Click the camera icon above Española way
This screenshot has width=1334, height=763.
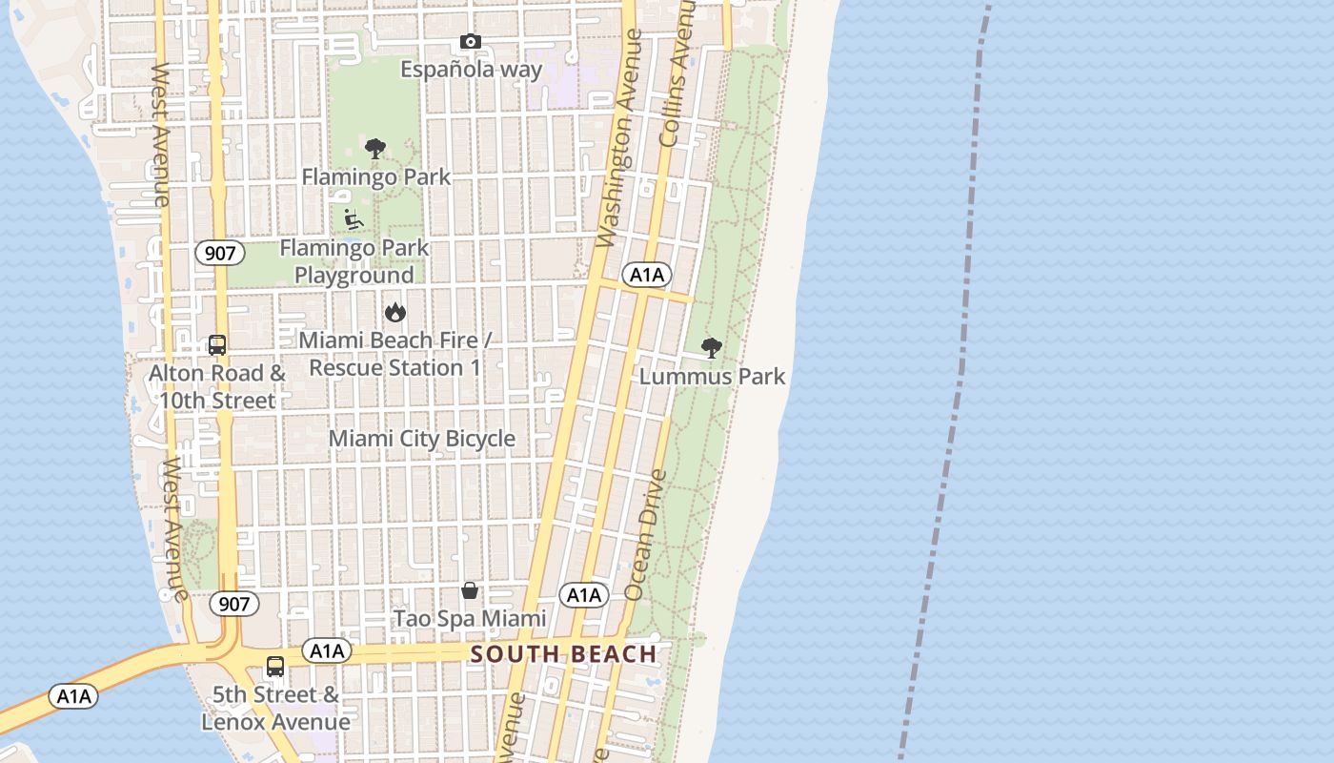click(471, 42)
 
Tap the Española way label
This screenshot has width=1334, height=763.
click(471, 70)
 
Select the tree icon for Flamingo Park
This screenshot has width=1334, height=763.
click(375, 149)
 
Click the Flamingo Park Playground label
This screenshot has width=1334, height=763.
click(354, 261)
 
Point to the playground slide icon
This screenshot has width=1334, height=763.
click(354, 219)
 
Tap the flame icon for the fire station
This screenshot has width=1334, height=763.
click(394, 312)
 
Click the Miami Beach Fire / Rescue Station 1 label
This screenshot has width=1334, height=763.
click(394, 354)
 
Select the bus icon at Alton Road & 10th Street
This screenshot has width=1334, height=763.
click(217, 345)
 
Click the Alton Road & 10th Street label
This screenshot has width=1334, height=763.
click(217, 386)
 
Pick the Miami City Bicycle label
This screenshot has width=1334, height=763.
click(422, 439)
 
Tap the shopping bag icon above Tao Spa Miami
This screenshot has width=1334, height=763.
click(470, 590)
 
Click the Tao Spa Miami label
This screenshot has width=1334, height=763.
click(470, 619)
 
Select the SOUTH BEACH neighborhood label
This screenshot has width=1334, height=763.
click(563, 654)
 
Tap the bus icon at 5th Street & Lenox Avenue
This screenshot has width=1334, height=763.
click(275, 667)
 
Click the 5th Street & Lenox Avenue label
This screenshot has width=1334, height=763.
click(275, 708)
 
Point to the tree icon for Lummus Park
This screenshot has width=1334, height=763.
click(711, 348)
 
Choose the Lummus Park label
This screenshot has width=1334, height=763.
click(712, 377)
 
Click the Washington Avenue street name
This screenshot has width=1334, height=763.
click(620, 138)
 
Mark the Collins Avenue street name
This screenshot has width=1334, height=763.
click(677, 74)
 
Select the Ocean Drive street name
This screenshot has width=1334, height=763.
click(646, 534)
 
